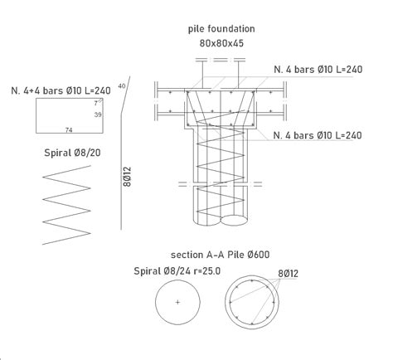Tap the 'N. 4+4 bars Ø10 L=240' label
(62, 90)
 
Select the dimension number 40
(122, 85)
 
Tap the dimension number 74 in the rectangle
(70, 130)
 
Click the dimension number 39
(97, 114)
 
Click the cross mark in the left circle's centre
(177, 301)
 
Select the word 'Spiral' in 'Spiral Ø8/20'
(56, 153)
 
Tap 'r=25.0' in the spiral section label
(207, 270)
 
